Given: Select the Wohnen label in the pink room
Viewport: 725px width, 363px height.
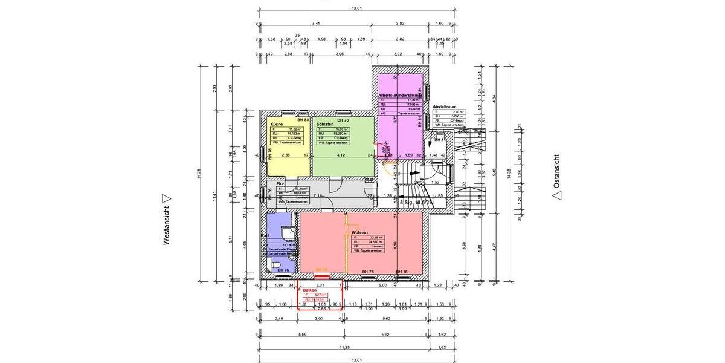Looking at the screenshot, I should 360,232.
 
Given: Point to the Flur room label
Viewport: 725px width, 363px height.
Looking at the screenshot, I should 280,183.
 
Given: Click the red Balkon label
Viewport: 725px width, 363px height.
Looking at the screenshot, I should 310,290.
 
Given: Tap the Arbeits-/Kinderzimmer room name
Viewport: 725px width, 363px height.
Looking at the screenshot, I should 399,95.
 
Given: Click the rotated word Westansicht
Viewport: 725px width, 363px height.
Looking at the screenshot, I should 166,224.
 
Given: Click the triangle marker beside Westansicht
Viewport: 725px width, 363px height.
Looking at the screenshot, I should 167,198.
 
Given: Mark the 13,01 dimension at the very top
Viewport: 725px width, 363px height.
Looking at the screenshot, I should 356,8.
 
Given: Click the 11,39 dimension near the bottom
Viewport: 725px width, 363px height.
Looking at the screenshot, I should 344,348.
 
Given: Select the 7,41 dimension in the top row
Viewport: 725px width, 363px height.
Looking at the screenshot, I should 315,24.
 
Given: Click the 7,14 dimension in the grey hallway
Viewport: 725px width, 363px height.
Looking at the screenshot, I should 316,195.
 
